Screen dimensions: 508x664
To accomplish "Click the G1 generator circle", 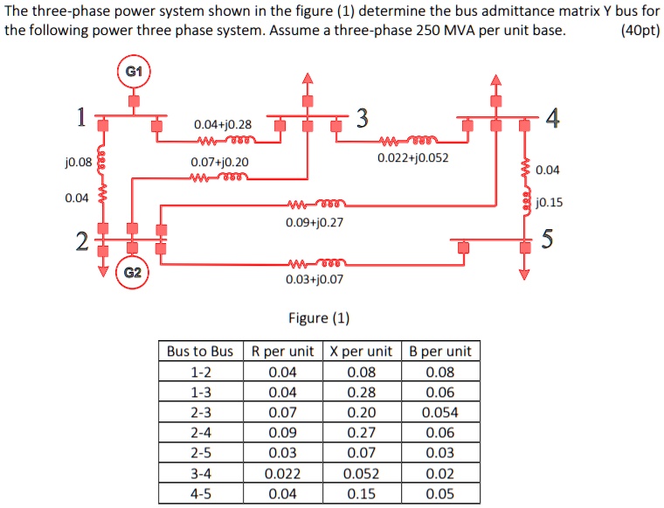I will (x=134, y=72).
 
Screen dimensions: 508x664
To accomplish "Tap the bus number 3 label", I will (x=363, y=118).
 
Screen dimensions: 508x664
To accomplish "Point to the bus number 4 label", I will (x=550, y=118).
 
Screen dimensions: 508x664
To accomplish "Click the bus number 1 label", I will (x=80, y=116).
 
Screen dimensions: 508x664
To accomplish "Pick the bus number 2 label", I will (x=80, y=242).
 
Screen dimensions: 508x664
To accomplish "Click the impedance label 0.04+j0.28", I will (x=222, y=125).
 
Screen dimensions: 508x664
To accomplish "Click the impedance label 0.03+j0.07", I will (x=315, y=280).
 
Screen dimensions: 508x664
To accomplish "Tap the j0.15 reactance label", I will (x=549, y=202).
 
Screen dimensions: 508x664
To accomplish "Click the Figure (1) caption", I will (x=318, y=317).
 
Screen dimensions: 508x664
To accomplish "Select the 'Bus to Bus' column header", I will (x=199, y=351).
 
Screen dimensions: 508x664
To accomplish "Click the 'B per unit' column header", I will (x=439, y=351).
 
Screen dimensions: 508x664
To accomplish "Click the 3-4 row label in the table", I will (x=199, y=473).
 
